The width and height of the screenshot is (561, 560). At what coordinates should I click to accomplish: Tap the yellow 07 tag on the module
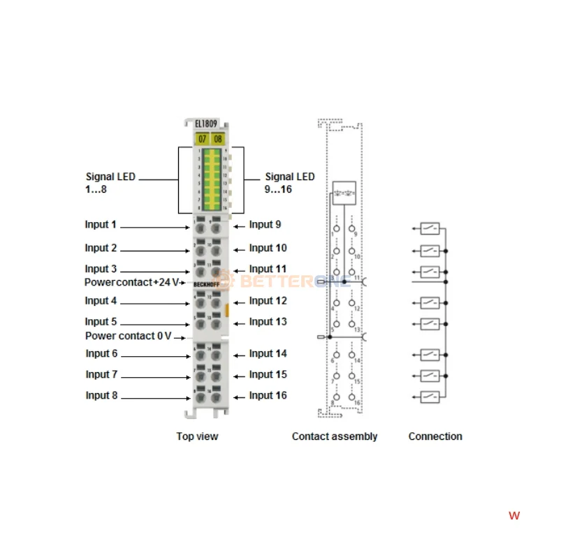(202, 138)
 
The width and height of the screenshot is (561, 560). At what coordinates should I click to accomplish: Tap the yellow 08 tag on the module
(217, 138)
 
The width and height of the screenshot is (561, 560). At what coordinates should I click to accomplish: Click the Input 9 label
(265, 225)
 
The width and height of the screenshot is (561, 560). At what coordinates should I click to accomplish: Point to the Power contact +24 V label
(132, 283)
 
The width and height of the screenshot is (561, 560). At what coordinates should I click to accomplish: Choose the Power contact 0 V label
(128, 336)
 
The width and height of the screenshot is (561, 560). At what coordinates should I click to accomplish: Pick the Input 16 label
(268, 396)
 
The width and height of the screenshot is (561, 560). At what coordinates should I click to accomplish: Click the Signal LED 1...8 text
(110, 183)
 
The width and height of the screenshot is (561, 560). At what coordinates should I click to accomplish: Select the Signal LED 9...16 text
(289, 183)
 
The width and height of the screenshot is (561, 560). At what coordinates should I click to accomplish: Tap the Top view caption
(197, 436)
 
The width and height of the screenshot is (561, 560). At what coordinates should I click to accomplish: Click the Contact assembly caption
(334, 436)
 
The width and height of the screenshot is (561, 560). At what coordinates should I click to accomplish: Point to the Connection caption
(435, 436)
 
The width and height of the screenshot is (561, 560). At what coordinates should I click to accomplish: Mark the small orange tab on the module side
(227, 309)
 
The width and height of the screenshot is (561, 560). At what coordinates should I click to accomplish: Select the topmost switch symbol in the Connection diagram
(430, 228)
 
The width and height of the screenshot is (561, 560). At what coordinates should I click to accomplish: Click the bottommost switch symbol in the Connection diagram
(430, 397)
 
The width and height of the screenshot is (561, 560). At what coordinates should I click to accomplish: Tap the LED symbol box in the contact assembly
(343, 191)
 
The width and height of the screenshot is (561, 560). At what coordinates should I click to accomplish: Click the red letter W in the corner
(514, 516)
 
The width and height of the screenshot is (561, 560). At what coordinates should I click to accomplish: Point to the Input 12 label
(268, 301)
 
